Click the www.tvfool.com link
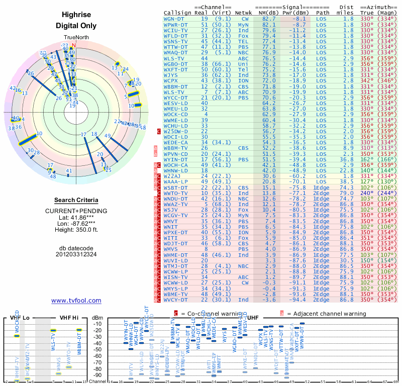[x=76, y=301]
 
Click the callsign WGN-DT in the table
[x=175, y=18]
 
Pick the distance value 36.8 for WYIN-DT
[x=347, y=159]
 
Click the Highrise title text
[x=76, y=15]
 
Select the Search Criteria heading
[x=76, y=200]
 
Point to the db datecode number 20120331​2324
[x=76, y=254]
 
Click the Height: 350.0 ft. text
[x=76, y=230]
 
